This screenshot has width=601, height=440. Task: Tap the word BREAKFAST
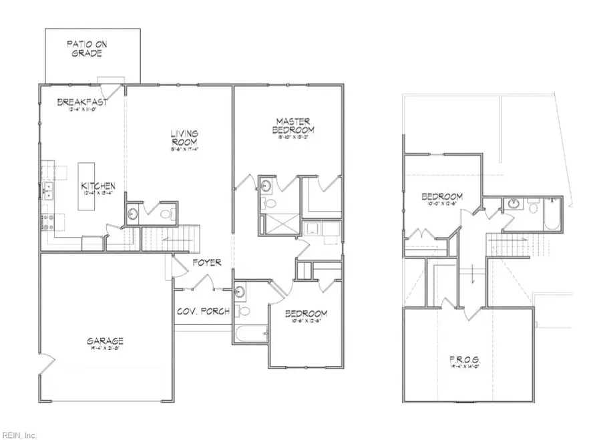click(81, 102)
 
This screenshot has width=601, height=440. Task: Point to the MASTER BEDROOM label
click(294, 125)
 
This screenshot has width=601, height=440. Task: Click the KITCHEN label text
click(99, 186)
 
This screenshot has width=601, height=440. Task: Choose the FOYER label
click(207, 262)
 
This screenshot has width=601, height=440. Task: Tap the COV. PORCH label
click(203, 311)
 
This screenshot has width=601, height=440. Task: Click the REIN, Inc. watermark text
click(19, 434)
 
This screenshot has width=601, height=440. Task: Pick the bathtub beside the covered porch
click(251, 333)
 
